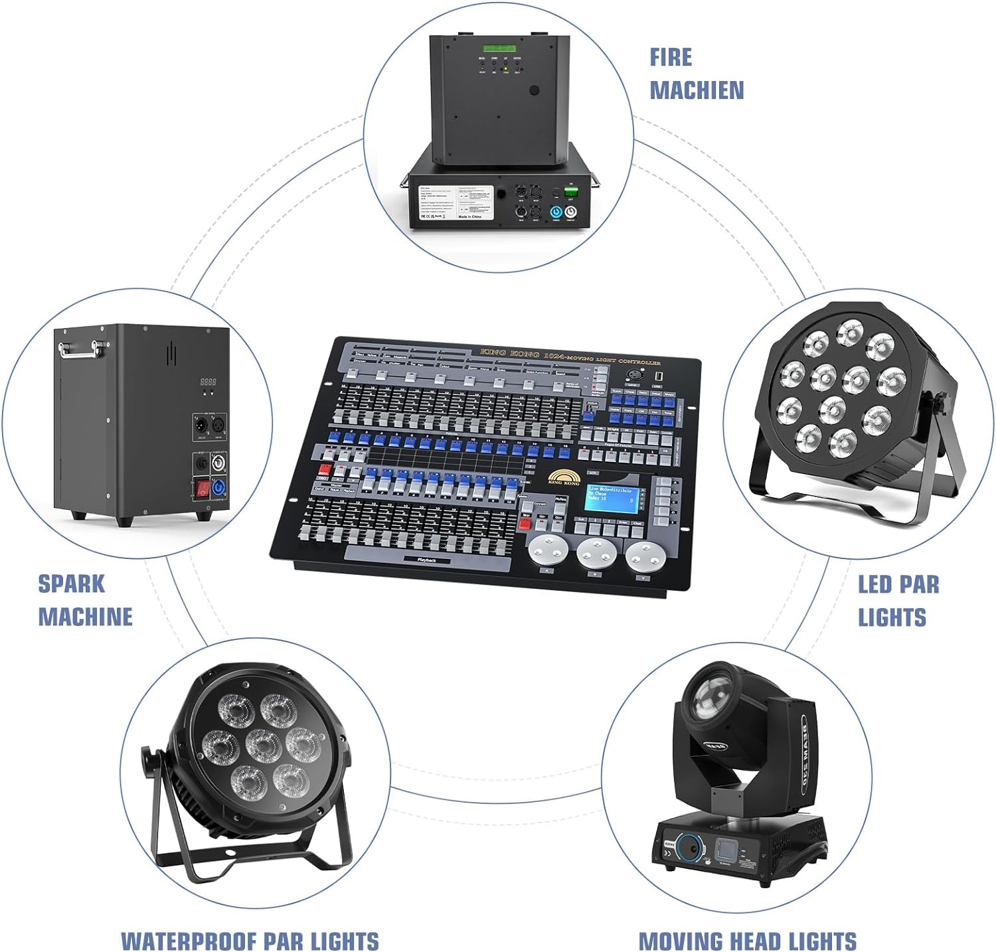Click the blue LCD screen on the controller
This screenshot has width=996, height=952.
614,499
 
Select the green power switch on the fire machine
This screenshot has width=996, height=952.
570,192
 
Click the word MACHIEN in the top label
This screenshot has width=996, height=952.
697,90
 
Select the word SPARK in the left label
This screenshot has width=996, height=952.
72,584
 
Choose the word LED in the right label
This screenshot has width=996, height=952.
874,585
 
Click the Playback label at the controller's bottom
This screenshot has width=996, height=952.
426,560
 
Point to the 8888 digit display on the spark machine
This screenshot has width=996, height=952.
208,382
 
